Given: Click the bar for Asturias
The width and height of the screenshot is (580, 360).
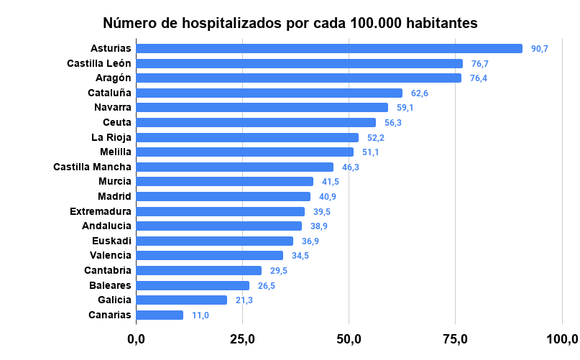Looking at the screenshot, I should [x=329, y=49].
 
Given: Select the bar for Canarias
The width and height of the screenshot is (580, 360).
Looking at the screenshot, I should [x=160, y=315].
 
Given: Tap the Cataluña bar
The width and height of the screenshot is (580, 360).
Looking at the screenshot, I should [x=269, y=93].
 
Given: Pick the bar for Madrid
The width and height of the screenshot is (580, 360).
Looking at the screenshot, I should [x=223, y=196].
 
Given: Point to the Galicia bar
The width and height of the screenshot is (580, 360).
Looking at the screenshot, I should [x=181, y=300].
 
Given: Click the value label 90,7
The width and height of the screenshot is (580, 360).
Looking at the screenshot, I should [x=540, y=49].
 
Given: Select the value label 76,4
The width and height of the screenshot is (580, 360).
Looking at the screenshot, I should [x=479, y=78].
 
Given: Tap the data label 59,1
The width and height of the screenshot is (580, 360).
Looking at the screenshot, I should [x=405, y=108].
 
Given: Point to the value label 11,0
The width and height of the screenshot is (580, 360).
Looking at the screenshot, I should [x=201, y=315].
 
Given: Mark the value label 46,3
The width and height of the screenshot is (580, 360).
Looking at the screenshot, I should [x=351, y=167].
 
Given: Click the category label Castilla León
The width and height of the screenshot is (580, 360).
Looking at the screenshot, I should [x=99, y=63].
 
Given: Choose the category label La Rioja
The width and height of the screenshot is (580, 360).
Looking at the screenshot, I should [x=111, y=137].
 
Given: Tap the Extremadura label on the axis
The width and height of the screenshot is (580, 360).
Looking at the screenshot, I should [x=101, y=211].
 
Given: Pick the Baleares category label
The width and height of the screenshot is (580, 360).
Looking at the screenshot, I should [x=110, y=285].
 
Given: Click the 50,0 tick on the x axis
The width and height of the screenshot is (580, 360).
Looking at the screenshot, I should [x=349, y=339].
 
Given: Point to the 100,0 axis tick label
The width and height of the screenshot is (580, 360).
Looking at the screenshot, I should [x=562, y=339].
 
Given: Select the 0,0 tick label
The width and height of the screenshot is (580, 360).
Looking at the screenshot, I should [x=136, y=339].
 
